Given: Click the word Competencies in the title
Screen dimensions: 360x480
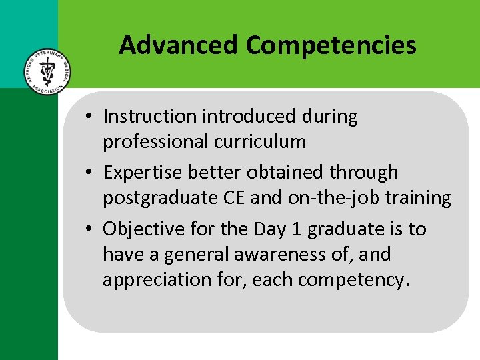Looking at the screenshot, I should [331, 45].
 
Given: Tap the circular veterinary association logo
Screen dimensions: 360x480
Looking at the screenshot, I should [46, 71].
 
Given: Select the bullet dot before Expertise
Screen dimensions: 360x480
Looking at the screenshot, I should [89, 173].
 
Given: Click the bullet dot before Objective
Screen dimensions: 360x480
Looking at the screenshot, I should [89, 230].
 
